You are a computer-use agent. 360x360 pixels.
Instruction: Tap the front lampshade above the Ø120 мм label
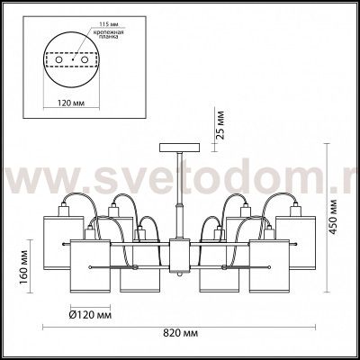[x=90, y=268]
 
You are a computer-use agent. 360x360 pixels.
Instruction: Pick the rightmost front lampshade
[x=270, y=268]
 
